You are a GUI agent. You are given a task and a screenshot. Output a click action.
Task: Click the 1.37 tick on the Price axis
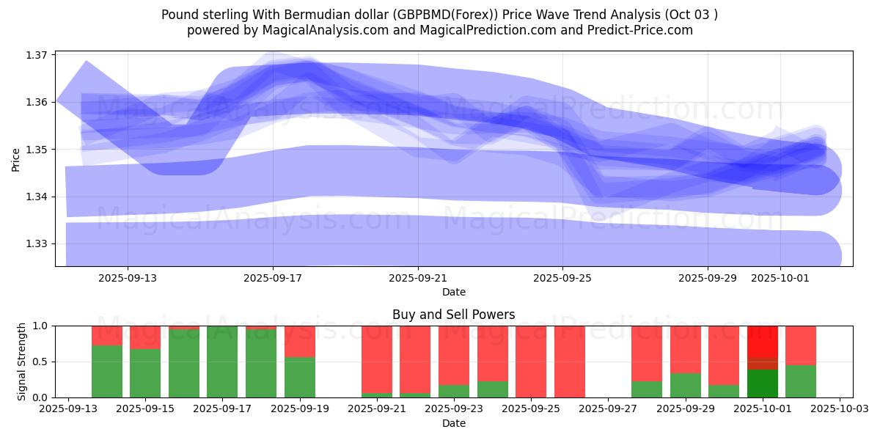tap(37, 55)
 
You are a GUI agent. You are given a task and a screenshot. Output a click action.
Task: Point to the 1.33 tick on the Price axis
tap(37, 243)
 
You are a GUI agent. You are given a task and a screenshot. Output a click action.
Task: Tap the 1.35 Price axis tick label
tap(37, 150)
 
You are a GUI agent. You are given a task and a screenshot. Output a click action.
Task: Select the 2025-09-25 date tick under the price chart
tap(562, 279)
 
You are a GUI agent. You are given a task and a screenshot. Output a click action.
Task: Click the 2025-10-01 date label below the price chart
tap(780, 279)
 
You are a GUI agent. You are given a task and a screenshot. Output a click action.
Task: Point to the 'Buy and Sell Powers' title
tap(453, 315)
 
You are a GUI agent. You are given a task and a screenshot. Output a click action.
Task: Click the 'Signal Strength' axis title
tap(22, 361)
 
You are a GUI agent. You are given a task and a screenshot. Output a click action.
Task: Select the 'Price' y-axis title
tap(16, 160)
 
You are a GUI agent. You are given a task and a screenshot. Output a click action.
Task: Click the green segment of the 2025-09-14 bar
tap(107, 371)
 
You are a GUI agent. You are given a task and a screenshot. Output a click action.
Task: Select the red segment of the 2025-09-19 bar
tap(299, 341)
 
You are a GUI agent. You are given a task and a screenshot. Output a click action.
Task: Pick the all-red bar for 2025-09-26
tap(570, 361)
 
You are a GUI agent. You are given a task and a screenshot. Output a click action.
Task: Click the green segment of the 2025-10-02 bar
tap(801, 381)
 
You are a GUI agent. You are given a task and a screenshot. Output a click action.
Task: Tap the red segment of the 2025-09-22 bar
tap(415, 359)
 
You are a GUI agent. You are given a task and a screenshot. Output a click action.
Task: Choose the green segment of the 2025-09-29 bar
tap(686, 385)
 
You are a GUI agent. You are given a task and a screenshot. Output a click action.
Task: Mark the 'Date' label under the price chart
tap(453, 292)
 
